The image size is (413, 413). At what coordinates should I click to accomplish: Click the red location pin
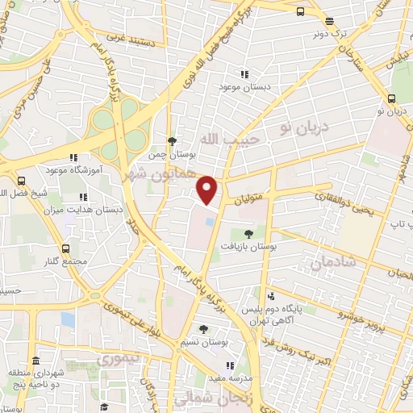coord(207,190)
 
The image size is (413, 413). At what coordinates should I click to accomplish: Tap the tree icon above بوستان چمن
coord(170,140)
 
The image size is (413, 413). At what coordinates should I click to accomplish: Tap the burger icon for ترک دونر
coord(328,22)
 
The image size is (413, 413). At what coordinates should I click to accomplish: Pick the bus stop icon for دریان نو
coord(390,98)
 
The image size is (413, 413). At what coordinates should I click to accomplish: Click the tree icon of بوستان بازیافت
coord(248,235)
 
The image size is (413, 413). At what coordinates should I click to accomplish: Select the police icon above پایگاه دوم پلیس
coord(273,296)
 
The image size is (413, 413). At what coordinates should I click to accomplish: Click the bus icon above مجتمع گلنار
coord(65,248)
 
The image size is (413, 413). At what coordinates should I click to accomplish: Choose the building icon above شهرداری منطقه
coord(35,361)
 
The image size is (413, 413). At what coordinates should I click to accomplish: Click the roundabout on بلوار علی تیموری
coord(95,296)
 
